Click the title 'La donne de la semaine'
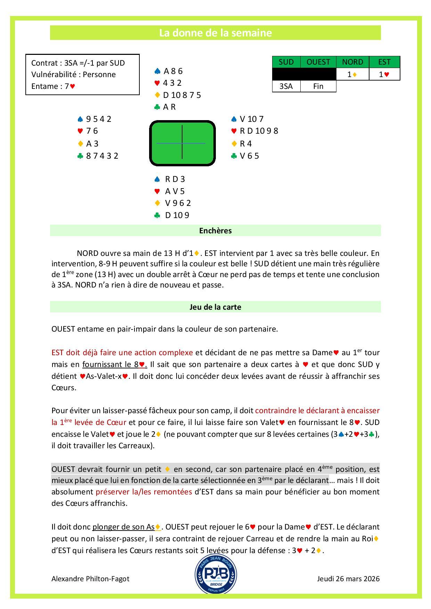(x=215, y=33)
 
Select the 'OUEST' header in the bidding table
(x=318, y=62)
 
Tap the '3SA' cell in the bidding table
(x=286, y=86)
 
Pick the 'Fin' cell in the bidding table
(x=318, y=86)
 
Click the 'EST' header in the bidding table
(x=384, y=62)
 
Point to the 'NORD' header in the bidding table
(x=352, y=62)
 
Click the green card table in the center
(x=182, y=143)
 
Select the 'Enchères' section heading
(x=215, y=231)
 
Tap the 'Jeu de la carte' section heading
(x=215, y=307)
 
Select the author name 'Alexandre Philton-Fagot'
(x=90, y=579)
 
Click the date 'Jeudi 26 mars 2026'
(x=348, y=579)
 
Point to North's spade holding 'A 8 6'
(x=173, y=71)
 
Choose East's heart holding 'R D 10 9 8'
(x=259, y=131)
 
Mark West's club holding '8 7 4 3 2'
(x=102, y=156)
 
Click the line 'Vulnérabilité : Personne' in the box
(x=73, y=74)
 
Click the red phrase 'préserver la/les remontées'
(x=144, y=492)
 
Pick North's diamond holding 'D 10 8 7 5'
(x=181, y=95)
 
